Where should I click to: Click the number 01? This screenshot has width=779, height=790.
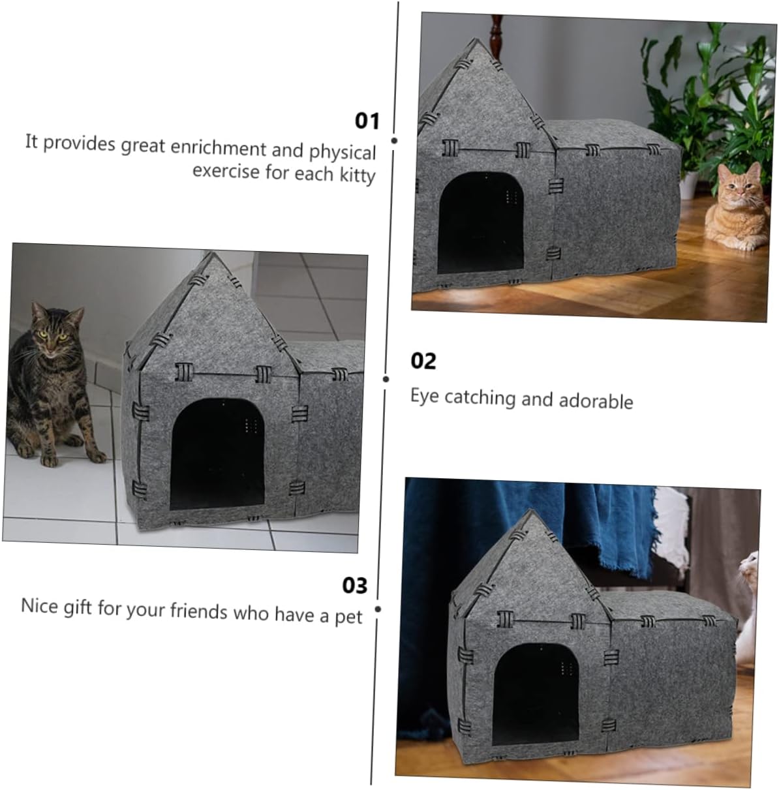click(367, 121)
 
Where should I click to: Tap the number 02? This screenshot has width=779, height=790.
click(423, 361)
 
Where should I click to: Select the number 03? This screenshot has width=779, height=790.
click(355, 585)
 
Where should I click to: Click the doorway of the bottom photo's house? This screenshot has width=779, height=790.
click(535, 692)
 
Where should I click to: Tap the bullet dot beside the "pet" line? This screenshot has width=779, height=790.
click(377, 609)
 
